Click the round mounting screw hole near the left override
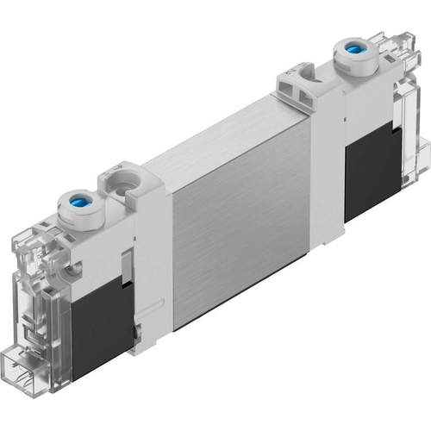click(x=117, y=182)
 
